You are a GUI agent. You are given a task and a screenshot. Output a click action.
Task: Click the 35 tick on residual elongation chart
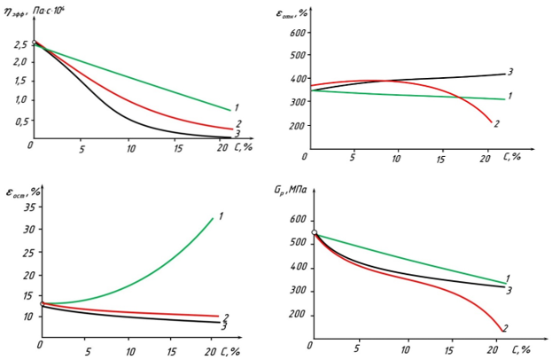(x=27, y=207)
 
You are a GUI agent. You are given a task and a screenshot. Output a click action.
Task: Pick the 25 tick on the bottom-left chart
(x=27, y=252)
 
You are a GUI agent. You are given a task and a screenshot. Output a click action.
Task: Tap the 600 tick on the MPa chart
(x=297, y=220)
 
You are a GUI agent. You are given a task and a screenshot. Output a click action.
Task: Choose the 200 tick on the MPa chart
(x=297, y=315)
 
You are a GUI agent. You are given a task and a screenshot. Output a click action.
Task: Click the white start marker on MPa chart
(x=315, y=232)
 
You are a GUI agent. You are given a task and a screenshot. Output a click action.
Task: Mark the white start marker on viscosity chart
(x=34, y=43)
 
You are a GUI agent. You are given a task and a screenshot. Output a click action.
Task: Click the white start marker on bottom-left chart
(x=42, y=304)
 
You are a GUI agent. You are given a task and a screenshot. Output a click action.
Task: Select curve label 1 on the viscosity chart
(x=237, y=108)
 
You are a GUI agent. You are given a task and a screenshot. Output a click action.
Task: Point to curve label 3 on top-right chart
(x=511, y=72)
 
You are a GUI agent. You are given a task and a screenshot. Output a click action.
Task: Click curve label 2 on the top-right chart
(x=497, y=123)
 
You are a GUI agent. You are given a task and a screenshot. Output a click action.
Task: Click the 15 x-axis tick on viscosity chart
(x=175, y=147)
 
